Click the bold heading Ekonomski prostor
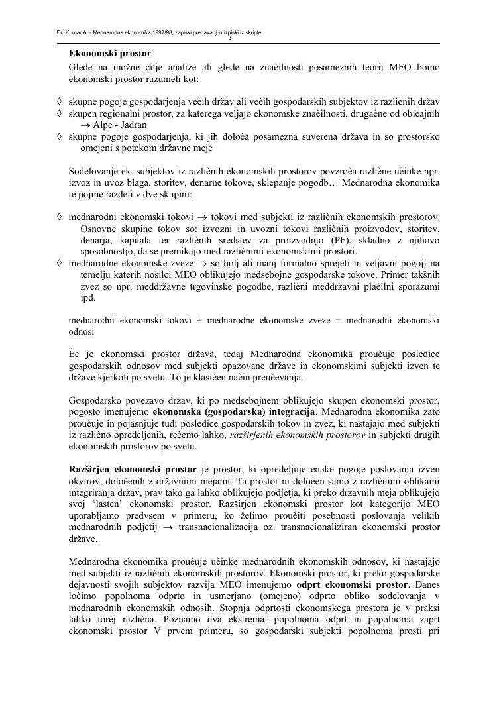[109, 53]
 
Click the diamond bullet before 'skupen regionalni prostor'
[60, 113]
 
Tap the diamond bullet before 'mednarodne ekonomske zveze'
[60, 263]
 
